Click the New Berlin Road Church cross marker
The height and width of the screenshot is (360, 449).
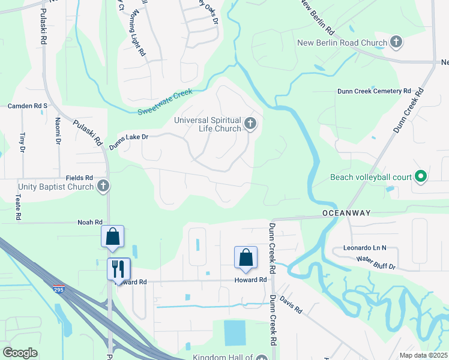[x=396, y=43]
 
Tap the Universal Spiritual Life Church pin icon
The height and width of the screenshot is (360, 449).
[x=250, y=125]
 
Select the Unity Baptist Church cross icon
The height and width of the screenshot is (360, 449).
[x=103, y=187]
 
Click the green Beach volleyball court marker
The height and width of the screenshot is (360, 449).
[x=421, y=177]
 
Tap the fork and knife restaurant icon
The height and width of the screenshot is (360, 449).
[x=118, y=268]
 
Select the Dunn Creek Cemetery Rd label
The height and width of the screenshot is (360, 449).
[x=374, y=91]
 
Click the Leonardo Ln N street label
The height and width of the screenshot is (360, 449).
[x=365, y=247]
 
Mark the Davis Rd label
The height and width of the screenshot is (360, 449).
[x=291, y=307]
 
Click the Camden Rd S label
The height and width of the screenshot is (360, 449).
[x=27, y=106]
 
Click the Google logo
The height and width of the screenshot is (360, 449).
[x=20, y=353]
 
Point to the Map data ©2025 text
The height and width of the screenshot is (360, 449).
[x=423, y=355]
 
